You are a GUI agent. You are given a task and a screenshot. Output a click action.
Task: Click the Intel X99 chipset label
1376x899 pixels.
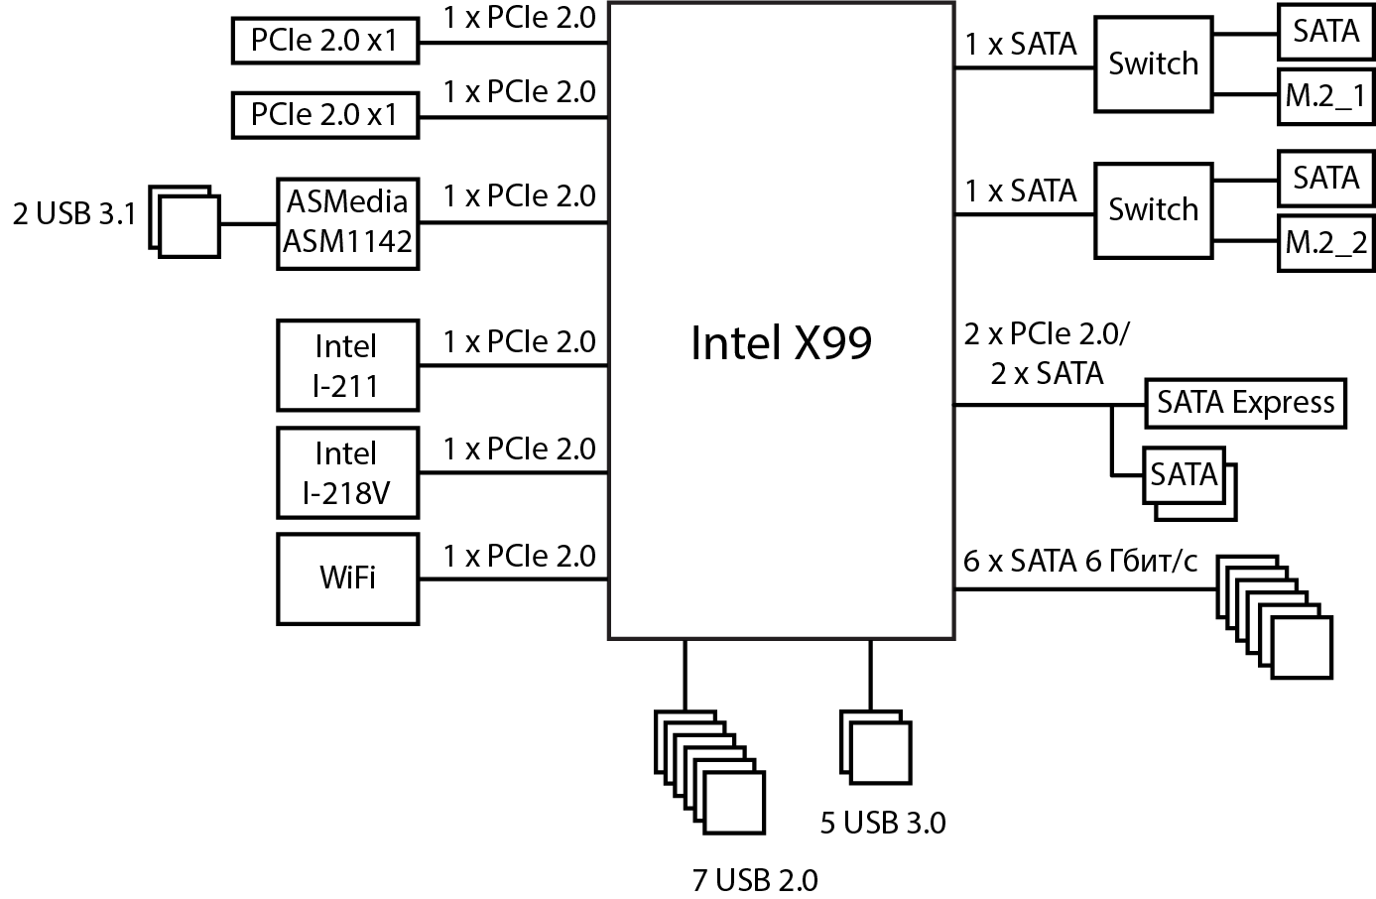[781, 342]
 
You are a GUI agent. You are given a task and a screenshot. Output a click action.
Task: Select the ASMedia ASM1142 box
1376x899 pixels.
[347, 222]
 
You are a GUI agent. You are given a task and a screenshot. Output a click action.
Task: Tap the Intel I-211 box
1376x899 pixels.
[346, 365]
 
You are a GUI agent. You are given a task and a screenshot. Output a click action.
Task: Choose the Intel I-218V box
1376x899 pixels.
[346, 472]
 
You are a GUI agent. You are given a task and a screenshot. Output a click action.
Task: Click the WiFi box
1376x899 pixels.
[347, 578]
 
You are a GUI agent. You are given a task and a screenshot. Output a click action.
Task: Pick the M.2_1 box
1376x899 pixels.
[1325, 96]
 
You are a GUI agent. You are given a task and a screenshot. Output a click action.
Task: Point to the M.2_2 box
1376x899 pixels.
[1325, 242]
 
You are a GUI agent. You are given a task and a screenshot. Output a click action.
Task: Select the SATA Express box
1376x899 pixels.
[1245, 403]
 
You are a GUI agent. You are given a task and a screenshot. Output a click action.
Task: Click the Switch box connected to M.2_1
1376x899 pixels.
[1153, 64]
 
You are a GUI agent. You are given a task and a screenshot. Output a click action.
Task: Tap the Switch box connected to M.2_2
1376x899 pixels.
[1153, 210]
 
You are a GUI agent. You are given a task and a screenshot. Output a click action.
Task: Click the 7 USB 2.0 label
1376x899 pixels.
[755, 880]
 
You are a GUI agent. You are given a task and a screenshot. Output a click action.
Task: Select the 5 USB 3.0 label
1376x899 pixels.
[882, 823]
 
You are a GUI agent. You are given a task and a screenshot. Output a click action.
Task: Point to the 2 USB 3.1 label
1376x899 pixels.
[73, 214]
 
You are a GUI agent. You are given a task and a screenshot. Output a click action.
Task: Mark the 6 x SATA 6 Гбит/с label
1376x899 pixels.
[1080, 562]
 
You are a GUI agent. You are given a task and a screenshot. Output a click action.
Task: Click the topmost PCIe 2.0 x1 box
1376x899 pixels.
[324, 41]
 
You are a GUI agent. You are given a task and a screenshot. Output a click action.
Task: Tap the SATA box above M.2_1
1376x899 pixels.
[1325, 32]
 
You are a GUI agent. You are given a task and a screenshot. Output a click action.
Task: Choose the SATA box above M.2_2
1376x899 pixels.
[1325, 179]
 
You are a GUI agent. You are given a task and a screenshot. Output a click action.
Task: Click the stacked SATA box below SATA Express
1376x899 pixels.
[1184, 475]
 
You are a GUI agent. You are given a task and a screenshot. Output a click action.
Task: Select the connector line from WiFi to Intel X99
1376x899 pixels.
[513, 579]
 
